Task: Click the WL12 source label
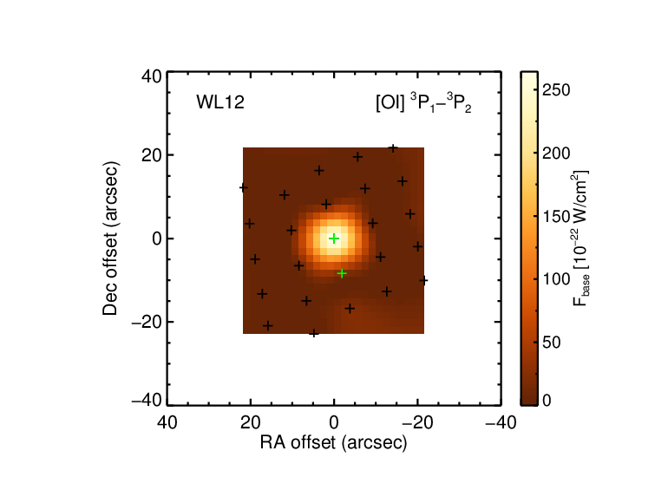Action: (x=220, y=102)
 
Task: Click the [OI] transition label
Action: (x=423, y=103)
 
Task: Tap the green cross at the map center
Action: (x=334, y=238)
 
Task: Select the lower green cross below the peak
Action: (x=342, y=273)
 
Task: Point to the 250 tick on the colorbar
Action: (x=556, y=90)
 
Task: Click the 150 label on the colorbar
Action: (x=556, y=216)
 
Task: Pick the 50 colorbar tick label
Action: (x=551, y=343)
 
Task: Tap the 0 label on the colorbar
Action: (x=547, y=401)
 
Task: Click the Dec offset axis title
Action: (x=110, y=238)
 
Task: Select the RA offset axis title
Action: (x=334, y=442)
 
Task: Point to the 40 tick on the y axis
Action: (x=152, y=77)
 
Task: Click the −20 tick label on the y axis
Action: (x=147, y=322)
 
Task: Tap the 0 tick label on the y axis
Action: (x=157, y=238)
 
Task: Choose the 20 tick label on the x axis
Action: (x=251, y=422)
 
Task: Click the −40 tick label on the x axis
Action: (x=501, y=422)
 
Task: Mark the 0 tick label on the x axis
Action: (x=334, y=422)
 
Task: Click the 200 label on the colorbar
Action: (x=556, y=154)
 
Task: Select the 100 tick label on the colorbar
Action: (x=556, y=279)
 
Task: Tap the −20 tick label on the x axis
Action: (x=417, y=422)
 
